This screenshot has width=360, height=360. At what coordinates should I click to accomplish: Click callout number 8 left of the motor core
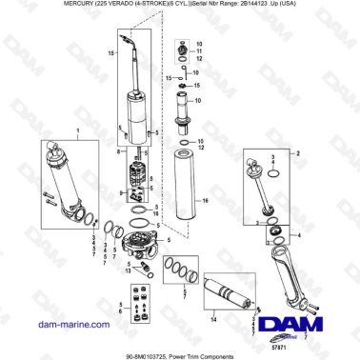tap(118, 152)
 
